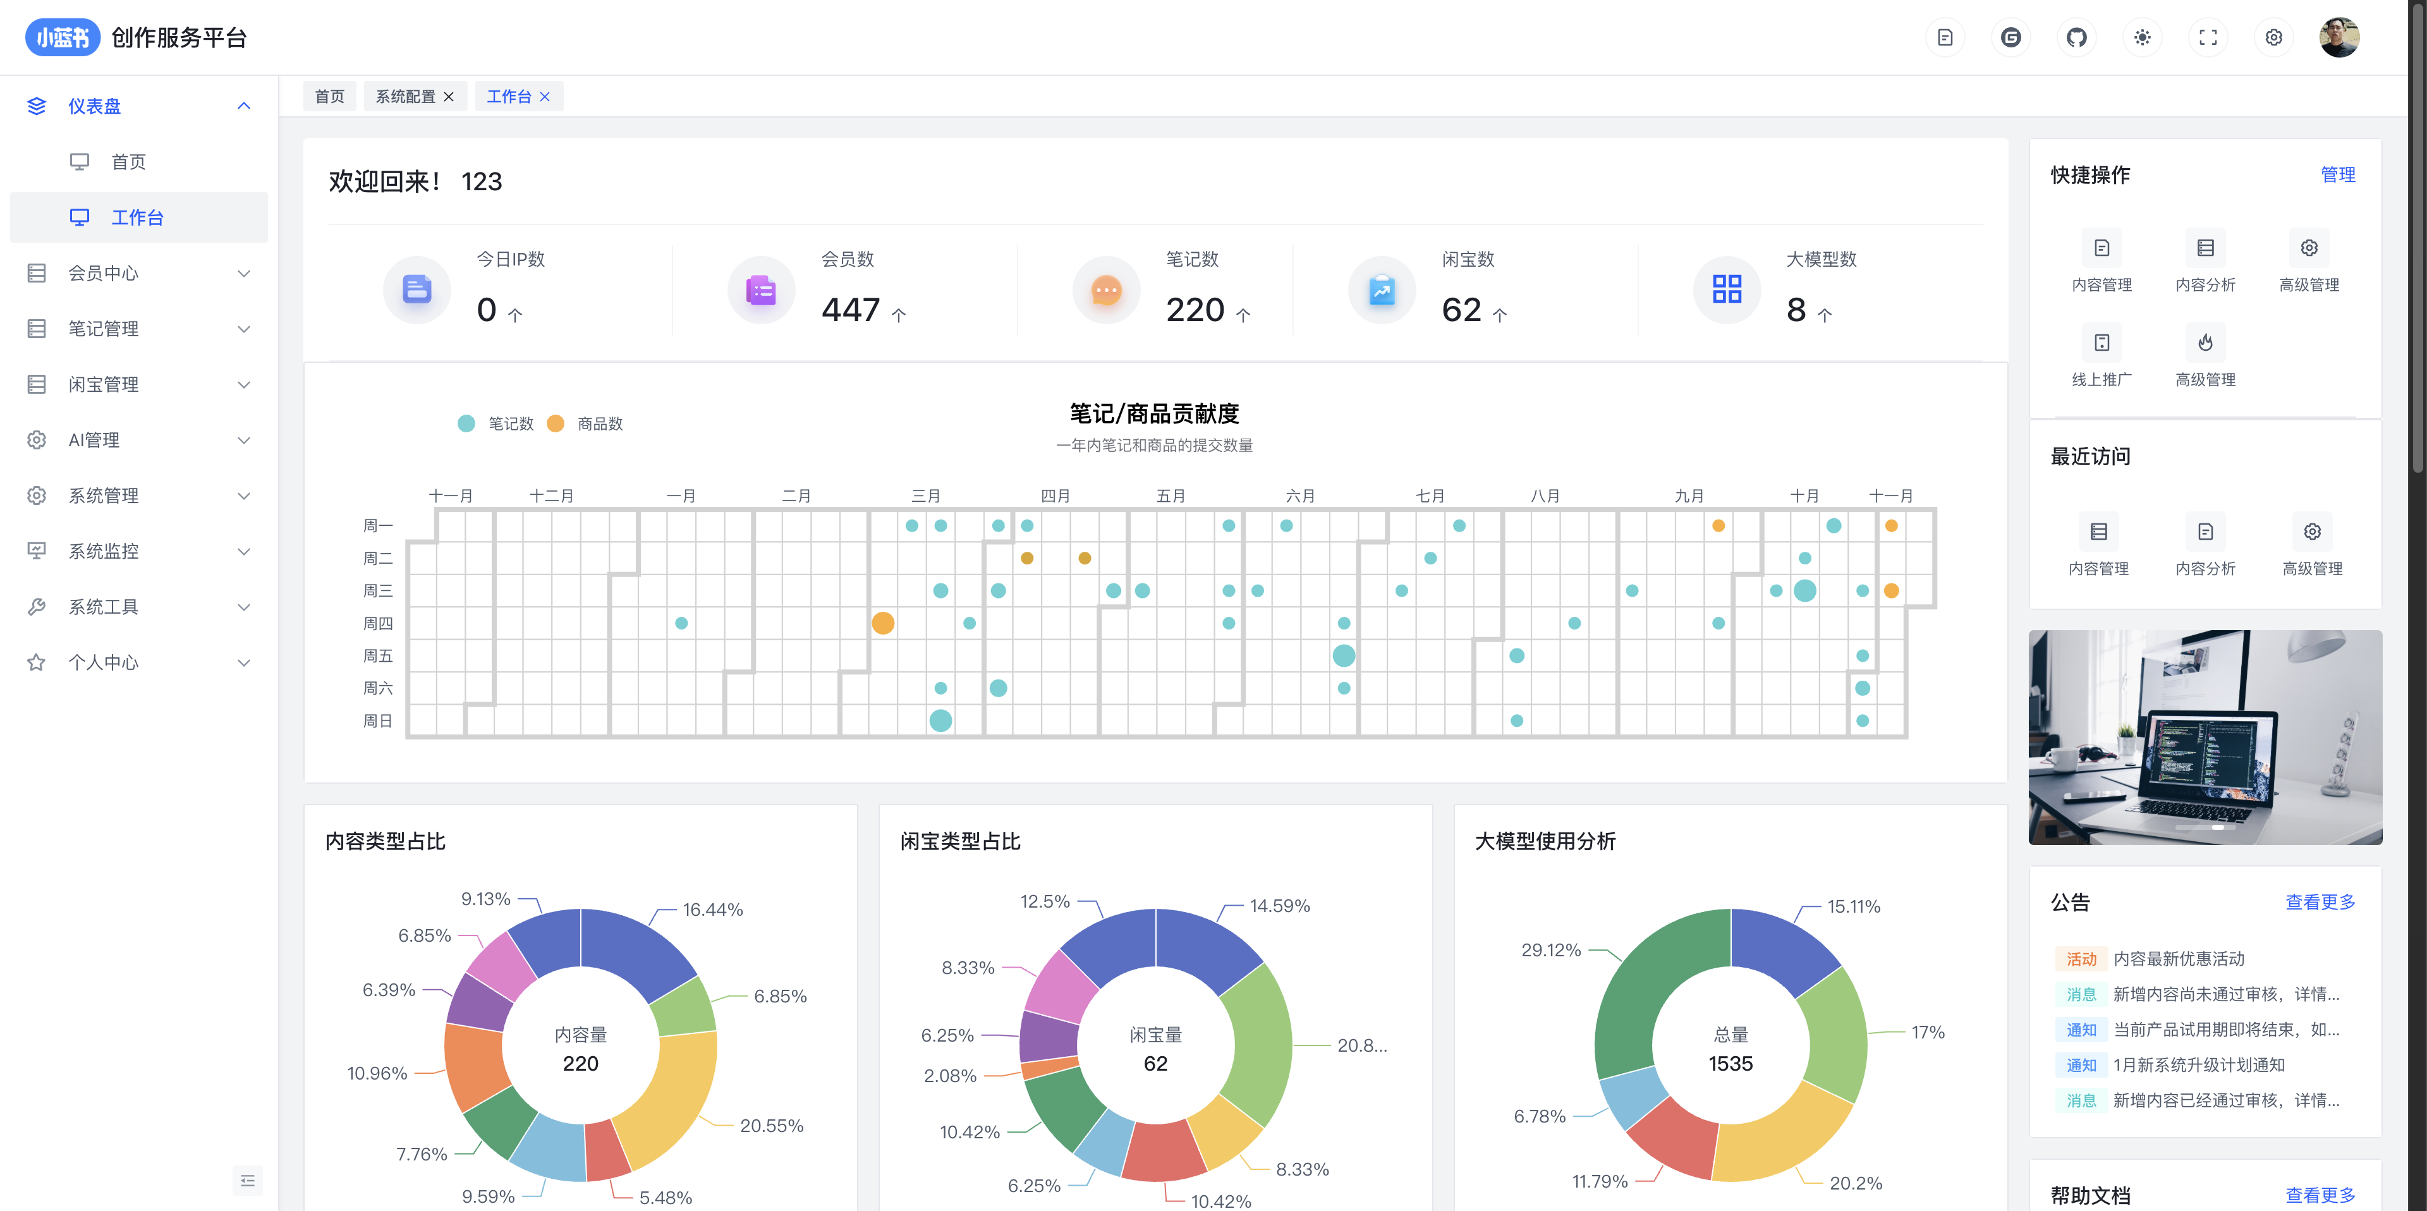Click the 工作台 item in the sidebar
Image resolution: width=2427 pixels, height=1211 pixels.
click(138, 217)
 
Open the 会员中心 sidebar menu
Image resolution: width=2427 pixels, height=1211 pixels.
click(104, 273)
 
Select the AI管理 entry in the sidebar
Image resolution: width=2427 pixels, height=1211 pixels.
click(94, 440)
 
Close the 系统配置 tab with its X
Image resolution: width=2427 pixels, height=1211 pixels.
click(449, 97)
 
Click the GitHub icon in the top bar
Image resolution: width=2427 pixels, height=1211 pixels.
click(2076, 38)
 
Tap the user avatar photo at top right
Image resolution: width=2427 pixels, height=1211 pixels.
click(2339, 38)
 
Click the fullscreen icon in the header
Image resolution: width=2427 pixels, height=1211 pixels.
click(2208, 38)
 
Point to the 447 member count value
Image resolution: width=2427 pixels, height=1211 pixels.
click(850, 310)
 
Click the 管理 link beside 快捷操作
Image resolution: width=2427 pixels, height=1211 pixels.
click(2337, 175)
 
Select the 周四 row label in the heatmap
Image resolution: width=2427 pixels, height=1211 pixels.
click(378, 624)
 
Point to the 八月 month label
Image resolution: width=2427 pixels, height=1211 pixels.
click(1545, 496)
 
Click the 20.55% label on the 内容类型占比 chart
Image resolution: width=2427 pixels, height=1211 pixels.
click(772, 1126)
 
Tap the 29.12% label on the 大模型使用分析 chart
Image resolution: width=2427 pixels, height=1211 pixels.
click(1551, 950)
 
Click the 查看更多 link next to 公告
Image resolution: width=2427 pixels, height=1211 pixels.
click(2320, 903)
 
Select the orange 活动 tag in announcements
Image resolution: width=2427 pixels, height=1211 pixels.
click(2081, 959)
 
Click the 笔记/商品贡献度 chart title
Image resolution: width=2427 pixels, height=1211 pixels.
click(1154, 414)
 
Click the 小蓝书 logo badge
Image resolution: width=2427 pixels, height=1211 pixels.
click(62, 38)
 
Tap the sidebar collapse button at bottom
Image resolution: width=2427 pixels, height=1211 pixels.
click(248, 1181)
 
